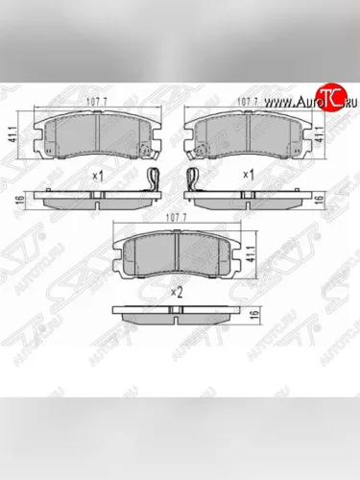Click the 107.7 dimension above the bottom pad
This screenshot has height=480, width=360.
(x=176, y=218)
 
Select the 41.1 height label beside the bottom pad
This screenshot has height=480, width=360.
(x=252, y=253)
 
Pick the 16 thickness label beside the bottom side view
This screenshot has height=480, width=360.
(x=252, y=316)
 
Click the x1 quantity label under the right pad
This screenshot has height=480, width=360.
(x=250, y=176)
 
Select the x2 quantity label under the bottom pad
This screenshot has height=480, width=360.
(x=176, y=291)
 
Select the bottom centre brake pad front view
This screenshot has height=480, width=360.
(x=176, y=254)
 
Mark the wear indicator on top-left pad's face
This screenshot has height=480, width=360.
(x=146, y=150)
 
